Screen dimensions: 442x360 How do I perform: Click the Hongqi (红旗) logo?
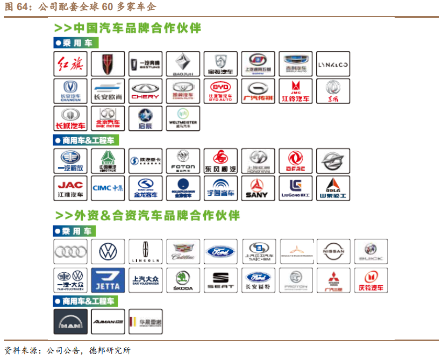70,64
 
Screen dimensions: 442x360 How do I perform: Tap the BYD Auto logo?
220,91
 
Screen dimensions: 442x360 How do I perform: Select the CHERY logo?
145,91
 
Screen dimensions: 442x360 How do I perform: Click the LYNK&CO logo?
333,64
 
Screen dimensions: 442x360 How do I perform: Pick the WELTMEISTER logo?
183,118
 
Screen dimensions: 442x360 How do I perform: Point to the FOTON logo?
183,161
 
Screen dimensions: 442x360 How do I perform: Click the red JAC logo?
70,188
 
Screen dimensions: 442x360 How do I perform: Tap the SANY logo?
258,188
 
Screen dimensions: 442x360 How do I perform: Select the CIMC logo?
108,188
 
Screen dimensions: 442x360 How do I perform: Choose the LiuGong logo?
295,188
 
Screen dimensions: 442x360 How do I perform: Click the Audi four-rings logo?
70,251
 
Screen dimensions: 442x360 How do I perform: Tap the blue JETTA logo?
108,280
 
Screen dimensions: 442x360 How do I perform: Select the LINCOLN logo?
145,251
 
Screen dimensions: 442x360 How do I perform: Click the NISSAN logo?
333,251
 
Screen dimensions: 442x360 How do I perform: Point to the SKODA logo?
183,280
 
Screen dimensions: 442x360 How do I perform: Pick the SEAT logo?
220,280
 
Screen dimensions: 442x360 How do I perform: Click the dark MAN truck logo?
70,321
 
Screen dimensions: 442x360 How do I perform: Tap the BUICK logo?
370,251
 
